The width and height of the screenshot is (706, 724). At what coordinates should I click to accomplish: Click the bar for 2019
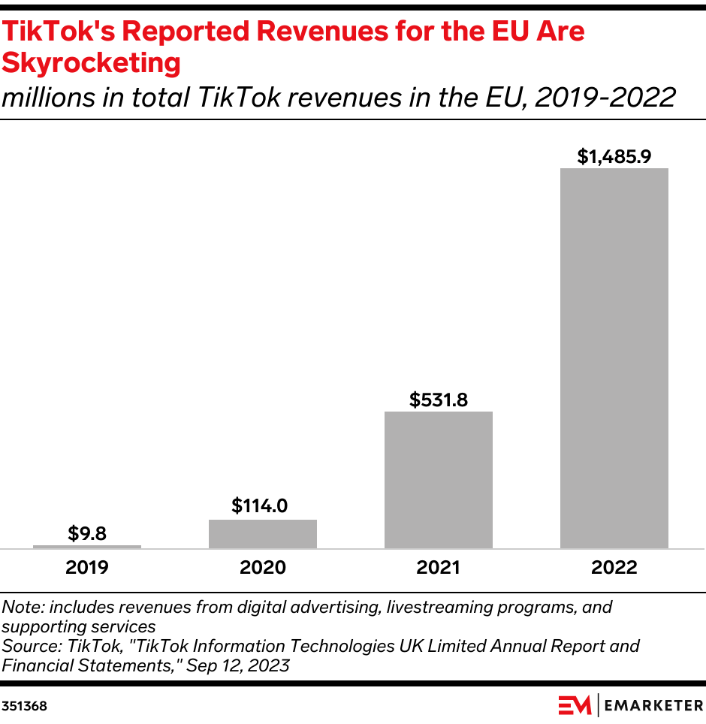87,546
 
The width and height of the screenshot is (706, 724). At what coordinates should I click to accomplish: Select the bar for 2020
263,533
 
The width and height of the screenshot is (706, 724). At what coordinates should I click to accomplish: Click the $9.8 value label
87,533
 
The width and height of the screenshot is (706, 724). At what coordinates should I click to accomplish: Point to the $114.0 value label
260,505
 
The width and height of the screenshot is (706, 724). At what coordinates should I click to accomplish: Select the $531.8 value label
439,400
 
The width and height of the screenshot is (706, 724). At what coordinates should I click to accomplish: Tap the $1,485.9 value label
614,156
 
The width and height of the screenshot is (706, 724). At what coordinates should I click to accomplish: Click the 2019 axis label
87,567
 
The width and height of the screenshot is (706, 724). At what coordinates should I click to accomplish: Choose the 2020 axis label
263,567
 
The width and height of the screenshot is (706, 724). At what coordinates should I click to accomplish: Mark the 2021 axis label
439,567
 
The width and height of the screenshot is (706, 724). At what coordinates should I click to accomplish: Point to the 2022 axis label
614,567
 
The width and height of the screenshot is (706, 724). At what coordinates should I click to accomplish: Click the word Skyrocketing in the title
91,63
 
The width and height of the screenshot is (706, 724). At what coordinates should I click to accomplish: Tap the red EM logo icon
575,706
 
